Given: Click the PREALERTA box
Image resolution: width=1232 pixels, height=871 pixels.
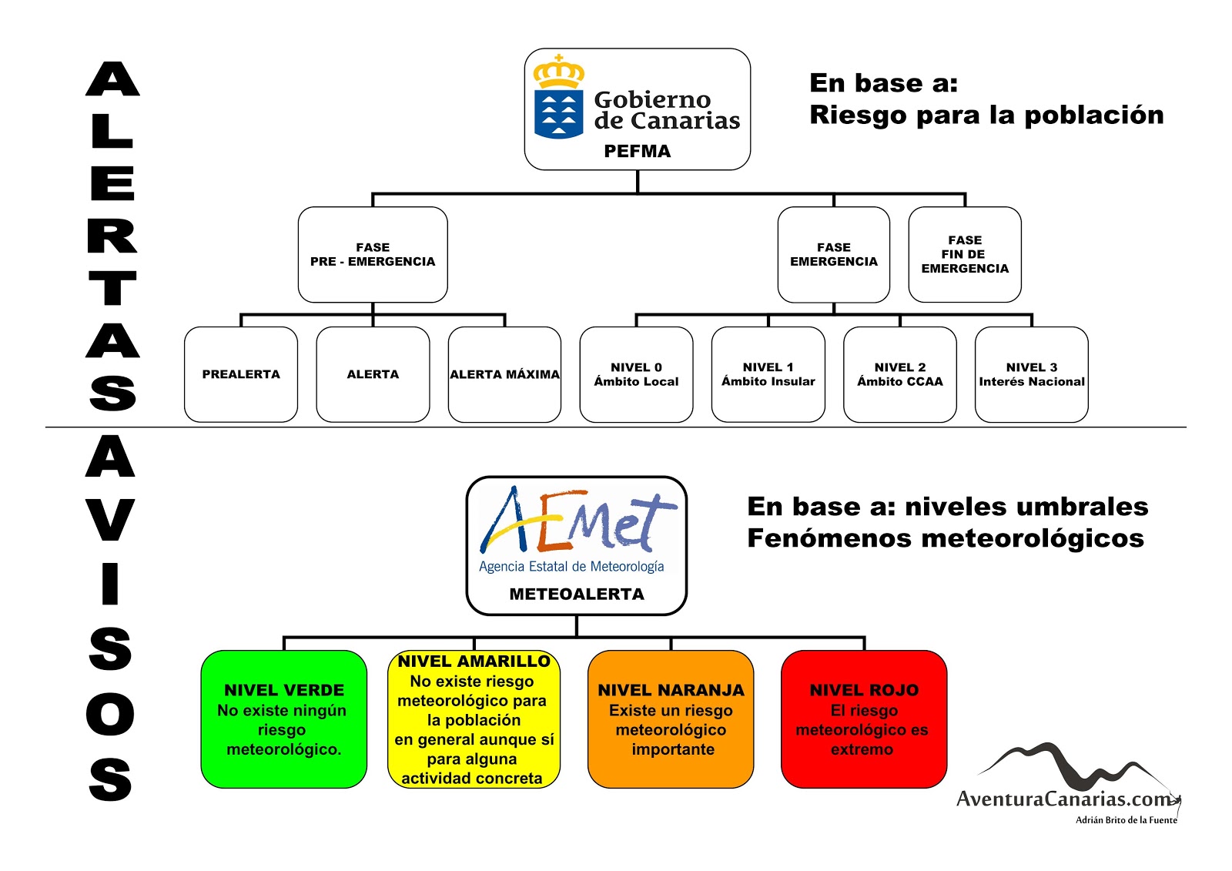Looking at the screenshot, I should pos(241,374).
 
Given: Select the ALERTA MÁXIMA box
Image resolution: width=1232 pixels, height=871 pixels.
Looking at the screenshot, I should pos(504,374).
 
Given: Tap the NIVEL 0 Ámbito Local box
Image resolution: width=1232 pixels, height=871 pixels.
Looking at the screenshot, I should pos(636,374).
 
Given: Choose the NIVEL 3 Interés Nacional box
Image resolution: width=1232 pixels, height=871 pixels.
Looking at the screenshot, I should pos(1031,374).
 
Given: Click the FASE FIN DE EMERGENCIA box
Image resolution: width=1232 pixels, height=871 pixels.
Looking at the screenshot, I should pos(965,254).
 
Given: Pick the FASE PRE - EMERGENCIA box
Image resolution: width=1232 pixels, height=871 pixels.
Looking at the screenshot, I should pos(373,254).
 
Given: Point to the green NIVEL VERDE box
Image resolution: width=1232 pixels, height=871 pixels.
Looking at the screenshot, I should pos(283,719).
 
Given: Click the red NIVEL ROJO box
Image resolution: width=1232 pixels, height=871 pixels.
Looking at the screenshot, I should pos(863,719).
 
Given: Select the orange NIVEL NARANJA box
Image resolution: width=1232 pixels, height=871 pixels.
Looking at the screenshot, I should pos(671,719).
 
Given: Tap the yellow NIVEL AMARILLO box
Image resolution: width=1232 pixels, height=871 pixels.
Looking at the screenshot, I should pos(474,719).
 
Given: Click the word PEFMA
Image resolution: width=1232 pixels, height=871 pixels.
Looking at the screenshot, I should pos(637,152).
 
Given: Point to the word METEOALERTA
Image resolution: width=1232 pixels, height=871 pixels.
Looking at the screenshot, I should pos(577,595).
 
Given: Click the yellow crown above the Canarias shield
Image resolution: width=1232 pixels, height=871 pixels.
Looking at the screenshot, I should pos(559,72).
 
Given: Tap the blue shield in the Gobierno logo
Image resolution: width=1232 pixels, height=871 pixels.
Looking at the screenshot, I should pos(559,114).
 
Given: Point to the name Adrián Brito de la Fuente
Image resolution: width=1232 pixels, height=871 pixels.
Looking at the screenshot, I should pos(1126,820).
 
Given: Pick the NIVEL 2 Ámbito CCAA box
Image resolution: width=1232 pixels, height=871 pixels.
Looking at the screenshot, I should pos(899,374).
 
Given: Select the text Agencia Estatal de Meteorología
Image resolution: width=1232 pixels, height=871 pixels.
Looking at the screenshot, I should pos(571,567).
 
